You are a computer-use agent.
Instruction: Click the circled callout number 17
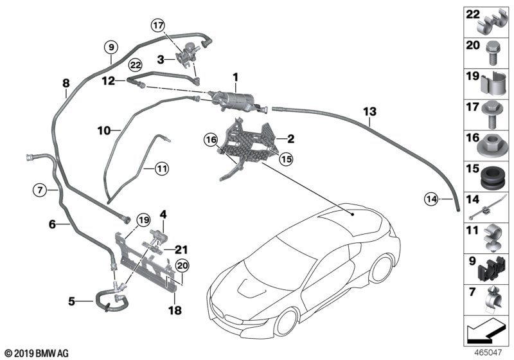[158, 25]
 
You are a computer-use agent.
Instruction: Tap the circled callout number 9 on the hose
[111, 47]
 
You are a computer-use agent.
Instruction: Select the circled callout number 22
[136, 65]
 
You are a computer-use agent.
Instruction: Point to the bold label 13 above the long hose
[370, 111]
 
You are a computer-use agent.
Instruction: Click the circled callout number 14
[431, 199]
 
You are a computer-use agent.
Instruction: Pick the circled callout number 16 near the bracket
[211, 140]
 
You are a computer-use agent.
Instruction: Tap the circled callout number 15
[286, 159]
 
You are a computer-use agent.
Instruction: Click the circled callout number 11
[161, 169]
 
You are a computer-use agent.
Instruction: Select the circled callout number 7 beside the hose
[40, 190]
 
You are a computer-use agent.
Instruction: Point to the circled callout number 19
[143, 220]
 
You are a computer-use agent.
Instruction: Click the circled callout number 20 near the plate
[182, 265]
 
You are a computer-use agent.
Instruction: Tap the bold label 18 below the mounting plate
[175, 310]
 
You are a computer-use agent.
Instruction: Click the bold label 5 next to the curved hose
[71, 301]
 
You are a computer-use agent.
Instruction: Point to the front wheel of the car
[288, 321]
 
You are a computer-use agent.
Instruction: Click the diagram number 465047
[488, 353]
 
